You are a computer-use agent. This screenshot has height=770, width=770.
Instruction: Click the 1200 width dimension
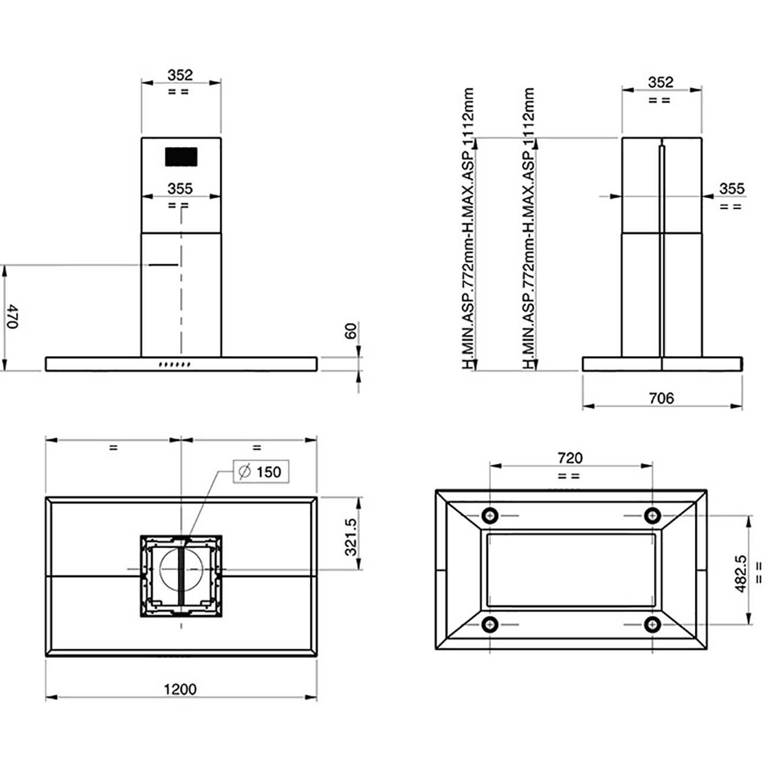click(x=180, y=689)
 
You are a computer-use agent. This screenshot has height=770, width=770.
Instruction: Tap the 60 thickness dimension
click(x=351, y=331)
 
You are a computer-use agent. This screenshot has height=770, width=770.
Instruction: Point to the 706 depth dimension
click(x=661, y=398)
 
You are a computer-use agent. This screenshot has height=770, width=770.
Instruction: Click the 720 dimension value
click(x=570, y=458)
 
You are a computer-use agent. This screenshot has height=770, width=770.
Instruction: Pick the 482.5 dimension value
click(x=741, y=573)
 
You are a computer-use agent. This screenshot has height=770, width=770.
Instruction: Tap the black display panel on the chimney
click(x=181, y=157)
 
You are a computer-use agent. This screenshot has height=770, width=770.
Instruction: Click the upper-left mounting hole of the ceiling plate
click(x=490, y=516)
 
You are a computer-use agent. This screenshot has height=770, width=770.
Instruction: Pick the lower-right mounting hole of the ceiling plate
click(x=652, y=624)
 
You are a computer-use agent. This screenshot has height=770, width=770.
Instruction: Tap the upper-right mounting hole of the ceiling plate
click(x=652, y=516)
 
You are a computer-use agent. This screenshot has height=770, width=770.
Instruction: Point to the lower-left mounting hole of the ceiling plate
click(x=490, y=624)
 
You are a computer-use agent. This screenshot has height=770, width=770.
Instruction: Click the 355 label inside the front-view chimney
click(x=180, y=188)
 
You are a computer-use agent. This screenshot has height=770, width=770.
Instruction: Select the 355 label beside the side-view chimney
click(x=731, y=188)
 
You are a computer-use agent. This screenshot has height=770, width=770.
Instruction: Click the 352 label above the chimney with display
click(x=180, y=75)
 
